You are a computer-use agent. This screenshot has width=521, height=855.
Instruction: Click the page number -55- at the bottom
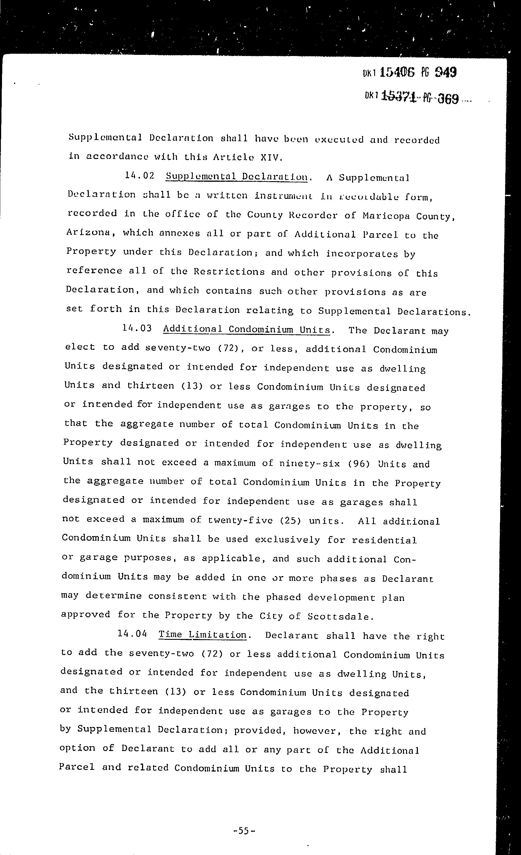(x=244, y=831)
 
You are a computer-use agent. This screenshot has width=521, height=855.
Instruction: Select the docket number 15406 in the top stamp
(x=397, y=73)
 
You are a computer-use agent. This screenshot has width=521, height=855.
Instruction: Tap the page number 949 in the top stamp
(x=445, y=73)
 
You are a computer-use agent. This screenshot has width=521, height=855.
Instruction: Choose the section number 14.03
(x=137, y=328)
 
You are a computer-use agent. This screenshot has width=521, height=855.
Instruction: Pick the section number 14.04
(x=133, y=634)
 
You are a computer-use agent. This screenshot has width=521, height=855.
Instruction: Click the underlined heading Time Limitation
(x=203, y=635)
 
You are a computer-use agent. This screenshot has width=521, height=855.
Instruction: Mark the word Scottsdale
(x=341, y=617)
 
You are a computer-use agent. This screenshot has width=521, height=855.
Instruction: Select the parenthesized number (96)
(x=359, y=464)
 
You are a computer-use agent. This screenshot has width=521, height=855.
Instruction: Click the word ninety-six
(x=309, y=463)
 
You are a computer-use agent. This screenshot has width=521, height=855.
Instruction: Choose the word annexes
(x=179, y=233)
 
